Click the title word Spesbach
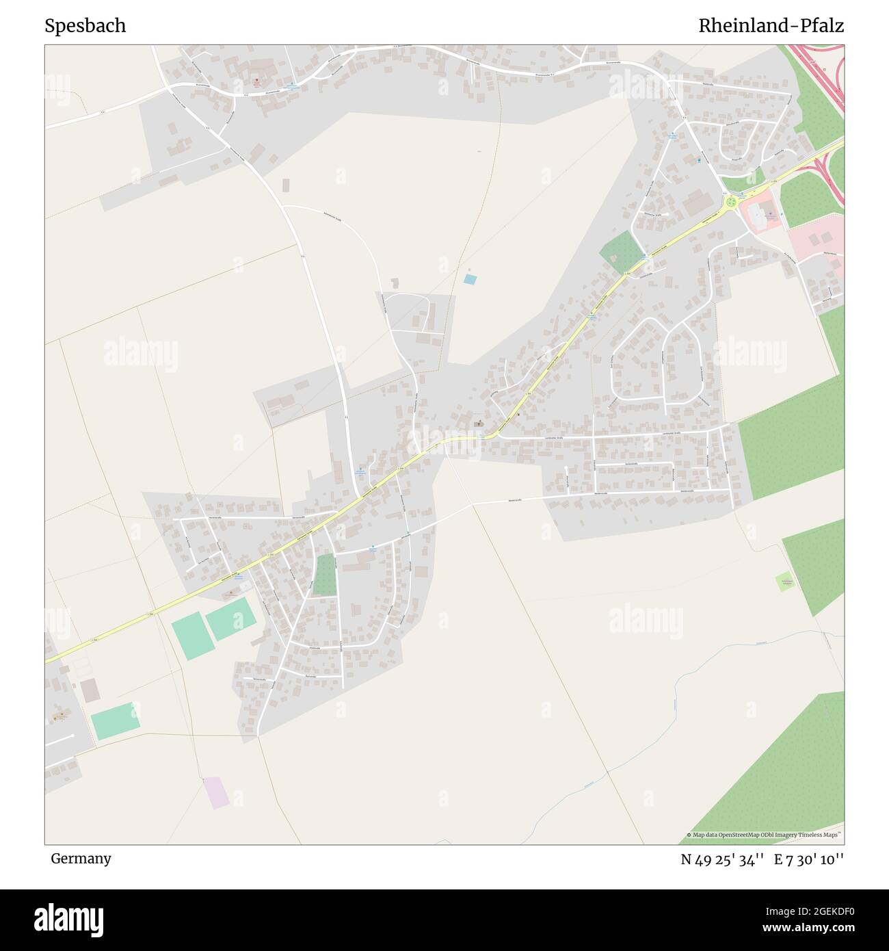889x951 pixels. point(85,26)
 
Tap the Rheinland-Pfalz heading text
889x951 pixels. point(771,26)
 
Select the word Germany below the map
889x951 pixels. point(81,858)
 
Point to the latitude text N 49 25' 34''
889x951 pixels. point(722,859)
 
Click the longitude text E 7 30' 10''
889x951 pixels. point(809,859)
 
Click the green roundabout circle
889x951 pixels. point(732,202)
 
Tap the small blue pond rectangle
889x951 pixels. point(470,279)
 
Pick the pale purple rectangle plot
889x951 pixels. point(216,792)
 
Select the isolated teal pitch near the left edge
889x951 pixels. point(115,720)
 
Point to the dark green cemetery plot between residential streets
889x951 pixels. point(325,575)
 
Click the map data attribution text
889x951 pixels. point(765,835)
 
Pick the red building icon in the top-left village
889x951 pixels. point(256,80)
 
